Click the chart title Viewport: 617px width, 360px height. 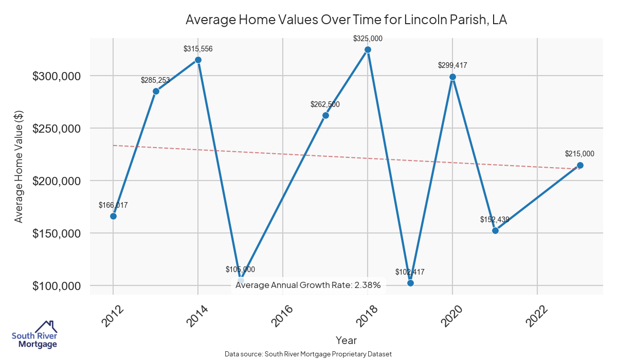(x=346, y=20)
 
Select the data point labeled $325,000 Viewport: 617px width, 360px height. (x=368, y=49)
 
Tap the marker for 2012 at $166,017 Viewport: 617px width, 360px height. (x=113, y=216)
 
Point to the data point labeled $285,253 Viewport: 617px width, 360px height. (x=156, y=91)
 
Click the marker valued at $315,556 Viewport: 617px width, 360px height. (x=198, y=60)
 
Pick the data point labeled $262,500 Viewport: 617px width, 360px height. (x=325, y=115)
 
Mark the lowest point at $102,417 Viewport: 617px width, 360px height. (x=410, y=283)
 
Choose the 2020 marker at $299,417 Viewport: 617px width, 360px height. (x=452, y=77)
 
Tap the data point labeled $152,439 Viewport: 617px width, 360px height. (x=495, y=230)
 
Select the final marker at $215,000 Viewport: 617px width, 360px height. (x=580, y=165)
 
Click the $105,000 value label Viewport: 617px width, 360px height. (x=240, y=269)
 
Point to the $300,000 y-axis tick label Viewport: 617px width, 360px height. (x=57, y=76)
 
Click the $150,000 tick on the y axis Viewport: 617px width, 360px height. (x=57, y=233)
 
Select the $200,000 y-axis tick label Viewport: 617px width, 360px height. (x=57, y=181)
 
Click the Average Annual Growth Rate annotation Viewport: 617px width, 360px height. (x=308, y=285)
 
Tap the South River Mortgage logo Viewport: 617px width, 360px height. (x=34, y=335)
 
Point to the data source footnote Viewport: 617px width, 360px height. (x=308, y=354)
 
